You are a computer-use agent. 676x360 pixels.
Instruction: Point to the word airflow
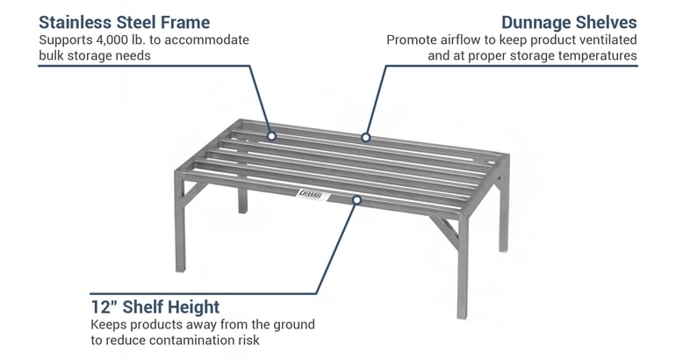(x=463, y=40)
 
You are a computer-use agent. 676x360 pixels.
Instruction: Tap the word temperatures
(x=593, y=56)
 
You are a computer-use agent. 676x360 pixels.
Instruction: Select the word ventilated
(x=604, y=40)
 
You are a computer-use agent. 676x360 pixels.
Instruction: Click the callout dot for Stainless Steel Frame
(x=271, y=136)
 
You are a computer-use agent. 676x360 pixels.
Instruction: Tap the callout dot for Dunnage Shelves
(x=364, y=137)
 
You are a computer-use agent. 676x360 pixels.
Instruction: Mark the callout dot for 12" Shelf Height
(x=356, y=200)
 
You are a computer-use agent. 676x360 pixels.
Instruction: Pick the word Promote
(x=413, y=40)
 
